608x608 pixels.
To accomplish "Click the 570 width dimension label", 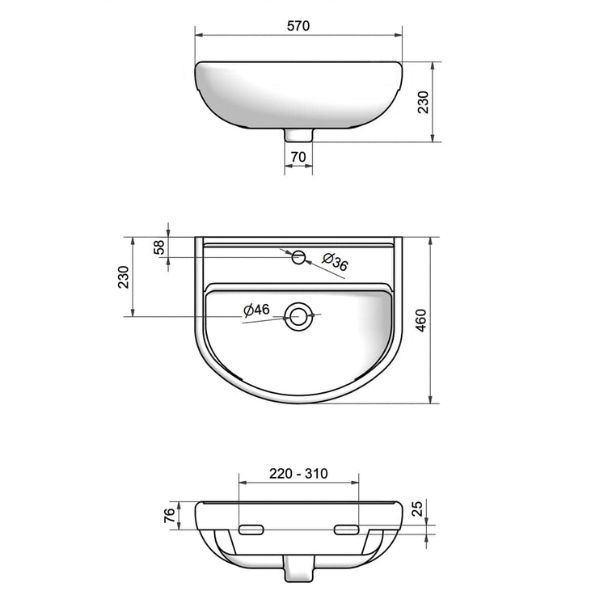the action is [298, 26].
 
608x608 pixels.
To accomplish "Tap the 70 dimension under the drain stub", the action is [298, 157].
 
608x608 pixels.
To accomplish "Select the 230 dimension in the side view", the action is [423, 102].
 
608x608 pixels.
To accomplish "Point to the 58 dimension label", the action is [159, 247].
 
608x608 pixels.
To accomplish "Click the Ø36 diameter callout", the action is [335, 262].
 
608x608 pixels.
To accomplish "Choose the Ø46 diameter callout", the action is [256, 310].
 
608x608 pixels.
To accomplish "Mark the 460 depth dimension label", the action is [420, 320].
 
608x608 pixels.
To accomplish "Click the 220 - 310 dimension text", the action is [298, 474].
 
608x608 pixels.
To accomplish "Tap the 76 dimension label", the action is [170, 515].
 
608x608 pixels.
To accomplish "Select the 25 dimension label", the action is [417, 509].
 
